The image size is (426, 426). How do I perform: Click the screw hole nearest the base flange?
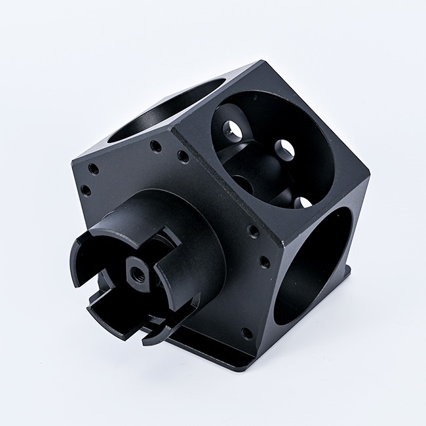(246, 333)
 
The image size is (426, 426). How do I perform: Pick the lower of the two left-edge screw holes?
(86, 191)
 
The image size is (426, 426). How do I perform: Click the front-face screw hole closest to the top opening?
(156, 146)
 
